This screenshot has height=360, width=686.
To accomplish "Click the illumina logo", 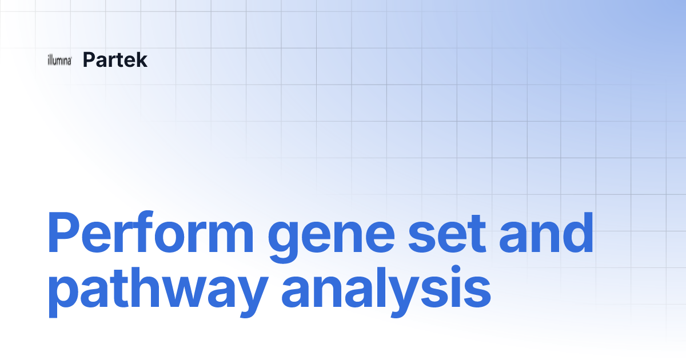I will [x=59, y=61].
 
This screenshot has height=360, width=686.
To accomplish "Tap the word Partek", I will [x=115, y=59].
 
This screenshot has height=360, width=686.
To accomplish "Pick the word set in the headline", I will [x=439, y=234].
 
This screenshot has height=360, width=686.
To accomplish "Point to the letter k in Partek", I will [x=142, y=59].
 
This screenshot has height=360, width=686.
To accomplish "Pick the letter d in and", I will [x=577, y=233].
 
